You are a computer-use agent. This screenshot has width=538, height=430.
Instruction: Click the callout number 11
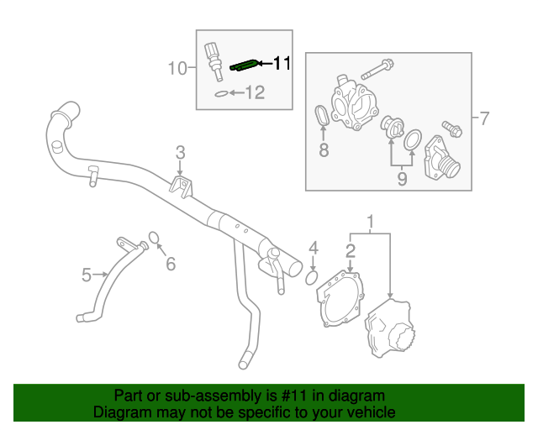[281, 63]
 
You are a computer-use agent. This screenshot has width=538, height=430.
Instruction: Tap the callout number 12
[254, 93]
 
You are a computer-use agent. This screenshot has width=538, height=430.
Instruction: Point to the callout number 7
[483, 118]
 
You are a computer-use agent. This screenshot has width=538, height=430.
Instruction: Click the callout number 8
[322, 151]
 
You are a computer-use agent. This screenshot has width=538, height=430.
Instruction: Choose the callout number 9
[402, 178]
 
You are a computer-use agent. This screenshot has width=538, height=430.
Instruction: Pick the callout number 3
[180, 152]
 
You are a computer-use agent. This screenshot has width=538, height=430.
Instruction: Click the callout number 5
[87, 274]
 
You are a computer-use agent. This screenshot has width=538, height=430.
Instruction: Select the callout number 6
[171, 265]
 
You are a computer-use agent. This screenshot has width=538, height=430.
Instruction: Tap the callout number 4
[313, 248]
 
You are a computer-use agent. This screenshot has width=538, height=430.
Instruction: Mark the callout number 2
[351, 249]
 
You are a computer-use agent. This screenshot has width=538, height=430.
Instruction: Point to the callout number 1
[368, 222]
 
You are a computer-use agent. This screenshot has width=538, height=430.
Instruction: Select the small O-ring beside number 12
[219, 94]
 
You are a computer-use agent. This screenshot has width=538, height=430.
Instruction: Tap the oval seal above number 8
[321, 118]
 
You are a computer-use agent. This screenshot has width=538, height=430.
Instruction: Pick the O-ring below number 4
[310, 276]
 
